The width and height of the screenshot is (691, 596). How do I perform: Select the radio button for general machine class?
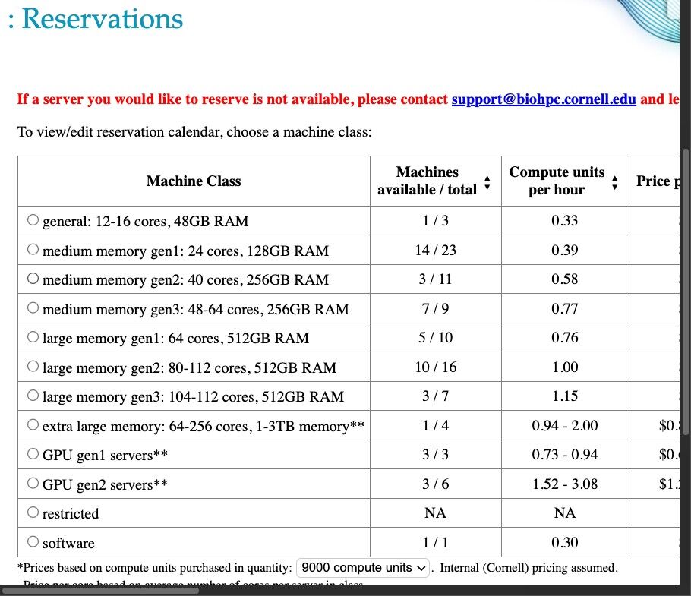coord(33,220)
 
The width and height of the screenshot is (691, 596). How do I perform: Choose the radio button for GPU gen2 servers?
coord(33,483)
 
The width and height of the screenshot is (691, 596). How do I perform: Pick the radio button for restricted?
coord(33,512)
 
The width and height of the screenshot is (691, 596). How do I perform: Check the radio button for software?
coord(33,541)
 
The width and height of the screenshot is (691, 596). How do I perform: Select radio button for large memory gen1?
coord(33,337)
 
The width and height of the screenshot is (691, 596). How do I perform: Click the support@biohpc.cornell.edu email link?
coord(544,99)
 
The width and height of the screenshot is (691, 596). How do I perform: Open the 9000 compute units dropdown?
coord(363,568)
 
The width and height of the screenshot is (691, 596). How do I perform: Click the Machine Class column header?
coord(194,181)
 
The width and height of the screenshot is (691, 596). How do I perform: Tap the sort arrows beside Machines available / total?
coord(487,181)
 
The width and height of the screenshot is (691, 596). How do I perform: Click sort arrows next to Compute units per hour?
coord(615,181)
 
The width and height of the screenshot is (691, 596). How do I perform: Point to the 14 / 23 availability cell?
coord(435,251)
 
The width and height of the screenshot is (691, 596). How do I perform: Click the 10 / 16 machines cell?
coord(435,367)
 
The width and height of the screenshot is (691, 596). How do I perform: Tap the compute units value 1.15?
coord(565,396)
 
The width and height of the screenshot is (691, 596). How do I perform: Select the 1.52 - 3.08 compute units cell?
coord(565,484)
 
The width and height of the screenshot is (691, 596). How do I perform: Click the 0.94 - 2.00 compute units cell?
coord(565,426)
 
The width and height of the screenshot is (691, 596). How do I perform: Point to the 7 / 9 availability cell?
coord(435,309)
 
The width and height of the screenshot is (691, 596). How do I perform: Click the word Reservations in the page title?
coord(103,19)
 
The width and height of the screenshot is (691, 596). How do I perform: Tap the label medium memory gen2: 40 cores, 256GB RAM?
coord(186,280)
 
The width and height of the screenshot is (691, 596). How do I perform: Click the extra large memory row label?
coord(204,427)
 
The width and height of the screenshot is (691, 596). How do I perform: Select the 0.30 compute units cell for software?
coord(565,542)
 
